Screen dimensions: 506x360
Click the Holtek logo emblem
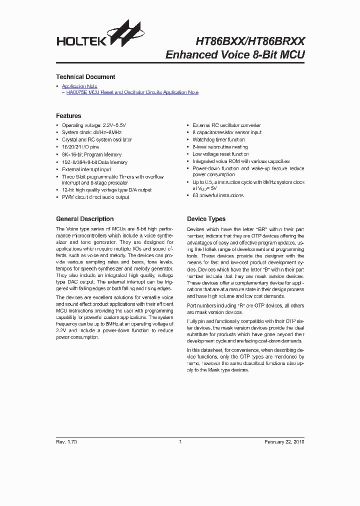point(130,34)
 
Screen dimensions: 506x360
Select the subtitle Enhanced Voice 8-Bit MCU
point(234,54)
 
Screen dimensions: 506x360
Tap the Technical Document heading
point(85,77)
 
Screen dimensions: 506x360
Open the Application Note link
point(79,86)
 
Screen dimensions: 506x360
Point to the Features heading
point(68,116)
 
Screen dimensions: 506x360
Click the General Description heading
point(84,219)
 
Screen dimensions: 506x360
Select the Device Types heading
point(206,219)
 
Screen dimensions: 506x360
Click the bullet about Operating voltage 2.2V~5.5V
point(93,125)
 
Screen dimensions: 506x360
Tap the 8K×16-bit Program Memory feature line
point(91,155)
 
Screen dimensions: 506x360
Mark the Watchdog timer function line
point(218,140)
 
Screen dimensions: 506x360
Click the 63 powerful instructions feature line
point(218,195)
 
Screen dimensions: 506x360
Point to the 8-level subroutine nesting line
point(220,147)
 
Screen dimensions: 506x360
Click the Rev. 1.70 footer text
point(66,442)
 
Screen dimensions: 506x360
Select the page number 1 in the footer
point(180,442)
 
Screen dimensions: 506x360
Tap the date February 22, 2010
point(284,442)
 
